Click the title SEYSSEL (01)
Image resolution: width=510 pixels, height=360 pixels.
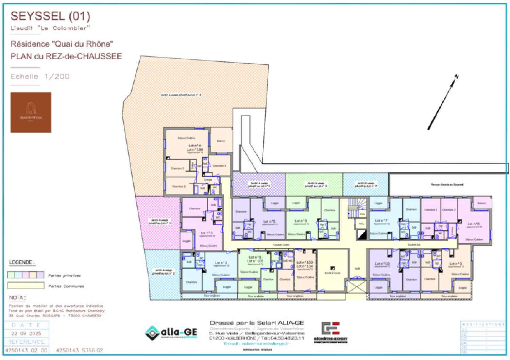50,16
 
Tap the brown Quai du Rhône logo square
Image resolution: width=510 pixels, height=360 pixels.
31,112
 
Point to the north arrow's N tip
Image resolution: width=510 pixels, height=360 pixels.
457,77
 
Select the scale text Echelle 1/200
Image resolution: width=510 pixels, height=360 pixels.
40,77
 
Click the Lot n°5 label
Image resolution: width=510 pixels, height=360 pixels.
269,222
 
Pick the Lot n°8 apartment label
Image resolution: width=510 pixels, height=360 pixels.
474,224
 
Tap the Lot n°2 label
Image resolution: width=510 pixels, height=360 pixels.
221,263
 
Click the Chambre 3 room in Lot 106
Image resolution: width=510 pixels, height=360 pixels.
177,168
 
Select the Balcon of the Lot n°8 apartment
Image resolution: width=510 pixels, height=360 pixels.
482,203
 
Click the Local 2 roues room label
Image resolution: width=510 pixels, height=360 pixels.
332,273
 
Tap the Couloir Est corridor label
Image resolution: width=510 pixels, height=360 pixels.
414,244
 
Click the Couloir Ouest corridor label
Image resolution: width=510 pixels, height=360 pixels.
281,245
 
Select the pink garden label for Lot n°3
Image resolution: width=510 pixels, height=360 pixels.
159,222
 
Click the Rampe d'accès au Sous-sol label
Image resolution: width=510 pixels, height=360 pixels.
447,184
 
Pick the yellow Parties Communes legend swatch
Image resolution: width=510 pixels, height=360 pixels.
26,285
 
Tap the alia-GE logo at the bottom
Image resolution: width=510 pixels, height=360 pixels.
171,332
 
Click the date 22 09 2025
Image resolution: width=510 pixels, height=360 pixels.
26,333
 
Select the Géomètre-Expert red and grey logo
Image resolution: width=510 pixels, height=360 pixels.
330,332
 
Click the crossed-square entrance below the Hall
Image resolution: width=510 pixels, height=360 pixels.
356,287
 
